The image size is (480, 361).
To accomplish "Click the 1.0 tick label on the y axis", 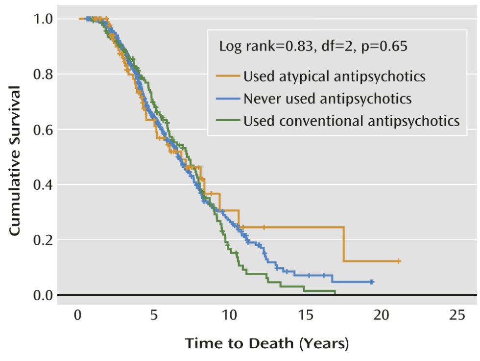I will [x=44, y=19].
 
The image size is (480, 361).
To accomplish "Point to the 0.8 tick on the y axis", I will [x=44, y=75].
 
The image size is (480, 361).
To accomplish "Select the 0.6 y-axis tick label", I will [x=44, y=130].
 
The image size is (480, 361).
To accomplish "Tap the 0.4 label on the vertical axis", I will [x=44, y=185].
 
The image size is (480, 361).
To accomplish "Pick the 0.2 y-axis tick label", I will [x=44, y=240].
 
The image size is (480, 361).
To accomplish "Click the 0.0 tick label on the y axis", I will [x=44, y=295].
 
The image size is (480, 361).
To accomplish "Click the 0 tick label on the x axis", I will [x=78, y=314].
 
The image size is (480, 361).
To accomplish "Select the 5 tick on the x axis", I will [x=154, y=314].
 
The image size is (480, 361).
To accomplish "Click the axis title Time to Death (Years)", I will [x=267, y=343].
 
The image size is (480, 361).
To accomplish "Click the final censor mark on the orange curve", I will [x=399, y=261].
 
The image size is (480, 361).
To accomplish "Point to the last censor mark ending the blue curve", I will [x=372, y=282].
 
